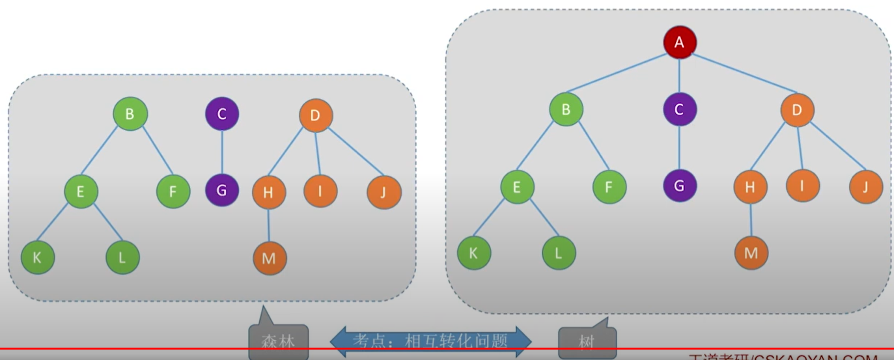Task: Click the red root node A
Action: coord(680,43)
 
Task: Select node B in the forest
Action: coord(130,115)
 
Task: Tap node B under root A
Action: coord(565,109)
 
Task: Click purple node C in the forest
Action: coord(221,115)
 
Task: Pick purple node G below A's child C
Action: coord(679,186)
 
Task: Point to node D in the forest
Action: coord(316,116)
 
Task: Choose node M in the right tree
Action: coord(751,252)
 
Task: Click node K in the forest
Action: coord(37,256)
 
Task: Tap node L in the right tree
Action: coord(559,252)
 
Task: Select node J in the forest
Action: coord(384,191)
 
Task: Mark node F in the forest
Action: coord(173,191)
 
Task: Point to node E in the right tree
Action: coord(517,187)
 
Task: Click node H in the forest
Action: coord(269,191)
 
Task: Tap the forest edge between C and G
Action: coord(221,152)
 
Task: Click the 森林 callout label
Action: coord(278,340)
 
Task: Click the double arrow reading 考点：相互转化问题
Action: coord(431,340)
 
